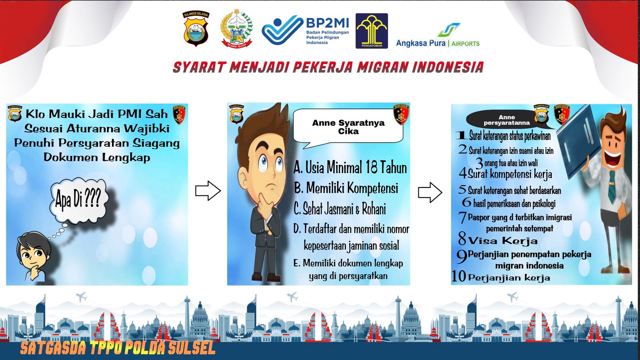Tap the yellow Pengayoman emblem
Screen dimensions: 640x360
coord(372,30)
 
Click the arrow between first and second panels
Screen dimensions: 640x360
coord(208,190)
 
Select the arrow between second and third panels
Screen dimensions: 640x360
coord(430,193)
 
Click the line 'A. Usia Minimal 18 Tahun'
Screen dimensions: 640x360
coord(350,168)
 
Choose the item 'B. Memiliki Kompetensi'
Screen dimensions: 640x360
coord(346,188)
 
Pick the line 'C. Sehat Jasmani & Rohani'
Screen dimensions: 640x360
coord(340,208)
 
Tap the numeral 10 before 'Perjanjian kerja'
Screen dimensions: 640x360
coord(459,276)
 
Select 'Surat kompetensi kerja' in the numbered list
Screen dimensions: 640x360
coord(510,174)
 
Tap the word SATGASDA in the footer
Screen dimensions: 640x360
coord(53,348)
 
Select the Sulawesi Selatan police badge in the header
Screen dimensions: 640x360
coord(196,28)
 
